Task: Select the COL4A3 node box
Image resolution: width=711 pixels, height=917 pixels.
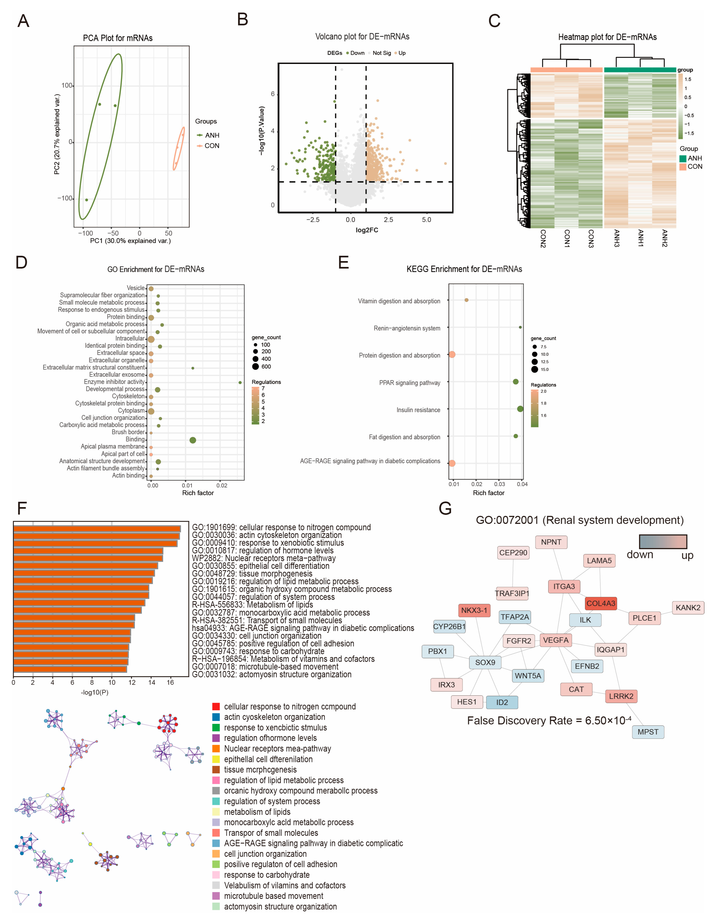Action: pos(601,603)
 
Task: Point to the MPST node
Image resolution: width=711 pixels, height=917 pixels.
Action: pos(648,732)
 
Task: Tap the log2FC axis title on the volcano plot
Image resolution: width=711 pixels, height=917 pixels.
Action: pos(367,230)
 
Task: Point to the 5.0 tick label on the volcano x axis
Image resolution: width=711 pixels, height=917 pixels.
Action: pos(426,220)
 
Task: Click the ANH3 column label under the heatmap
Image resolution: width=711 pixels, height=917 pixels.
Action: pos(616,238)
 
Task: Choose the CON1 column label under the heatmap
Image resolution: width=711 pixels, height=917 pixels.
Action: pos(567,238)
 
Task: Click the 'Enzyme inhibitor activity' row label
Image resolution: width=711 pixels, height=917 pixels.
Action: pos(114,382)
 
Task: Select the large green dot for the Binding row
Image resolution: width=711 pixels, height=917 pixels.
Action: pos(193,440)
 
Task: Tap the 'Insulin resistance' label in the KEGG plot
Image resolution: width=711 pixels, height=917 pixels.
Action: pos(418,410)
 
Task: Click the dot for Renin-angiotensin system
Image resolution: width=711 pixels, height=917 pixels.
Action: pos(520,327)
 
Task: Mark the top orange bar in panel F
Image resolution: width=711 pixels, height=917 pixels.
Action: pos(97,529)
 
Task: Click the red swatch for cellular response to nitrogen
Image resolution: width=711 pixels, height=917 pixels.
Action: pos(216,707)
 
